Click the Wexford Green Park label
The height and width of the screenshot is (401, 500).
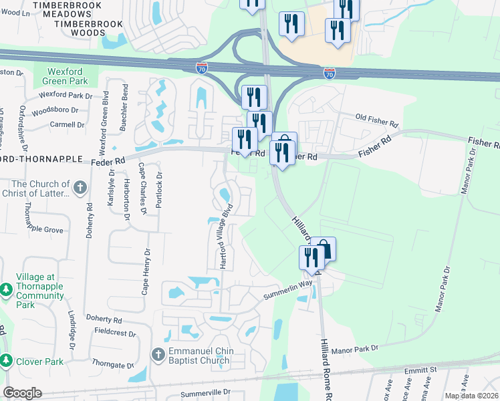(69, 77)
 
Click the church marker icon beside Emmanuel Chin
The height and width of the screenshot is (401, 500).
(158, 354)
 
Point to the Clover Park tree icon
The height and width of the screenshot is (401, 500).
(6, 361)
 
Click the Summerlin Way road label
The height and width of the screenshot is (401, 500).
(288, 287)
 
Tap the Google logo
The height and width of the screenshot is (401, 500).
(22, 393)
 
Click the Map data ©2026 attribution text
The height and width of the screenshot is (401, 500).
(471, 396)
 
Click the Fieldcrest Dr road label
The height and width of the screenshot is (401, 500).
(114, 332)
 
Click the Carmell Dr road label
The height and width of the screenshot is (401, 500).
(66, 124)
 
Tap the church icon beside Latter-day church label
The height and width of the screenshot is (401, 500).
(80, 188)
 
